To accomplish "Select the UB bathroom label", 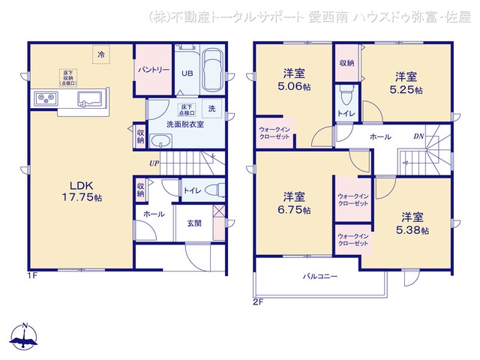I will pyautogui.click(x=187, y=73).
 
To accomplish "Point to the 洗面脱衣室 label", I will pyautogui.click(x=178, y=125).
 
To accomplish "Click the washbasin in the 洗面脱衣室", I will pyautogui.click(x=160, y=142).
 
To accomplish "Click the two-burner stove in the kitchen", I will pyautogui.click(x=43, y=99).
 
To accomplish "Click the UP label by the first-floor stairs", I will pyautogui.click(x=154, y=163).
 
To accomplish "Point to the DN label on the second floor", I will pyautogui.click(x=418, y=137).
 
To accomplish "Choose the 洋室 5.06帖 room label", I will pyautogui.click(x=292, y=79).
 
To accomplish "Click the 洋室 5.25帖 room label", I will pyautogui.click(x=406, y=82).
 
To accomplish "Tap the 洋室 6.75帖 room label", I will pyautogui.click(x=293, y=203).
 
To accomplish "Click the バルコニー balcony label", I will pyautogui.click(x=319, y=277).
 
